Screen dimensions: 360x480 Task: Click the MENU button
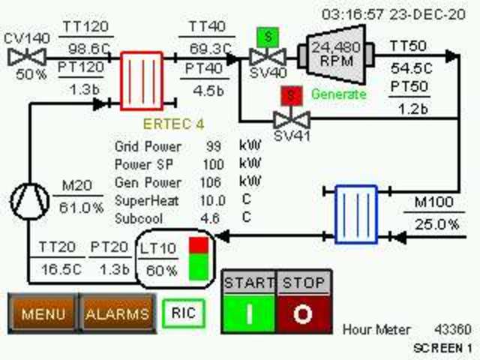tap(42, 313)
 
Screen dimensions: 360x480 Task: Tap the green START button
tap(249, 313)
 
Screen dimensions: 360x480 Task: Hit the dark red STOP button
tap(303, 313)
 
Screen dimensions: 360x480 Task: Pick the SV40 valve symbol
tap(265, 57)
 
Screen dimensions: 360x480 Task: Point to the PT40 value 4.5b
tap(200, 92)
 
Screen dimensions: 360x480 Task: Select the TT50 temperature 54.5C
tap(409, 67)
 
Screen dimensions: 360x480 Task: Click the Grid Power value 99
tap(214, 146)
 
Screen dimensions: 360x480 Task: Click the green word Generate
tap(339, 94)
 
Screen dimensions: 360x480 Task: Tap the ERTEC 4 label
tap(173, 124)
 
